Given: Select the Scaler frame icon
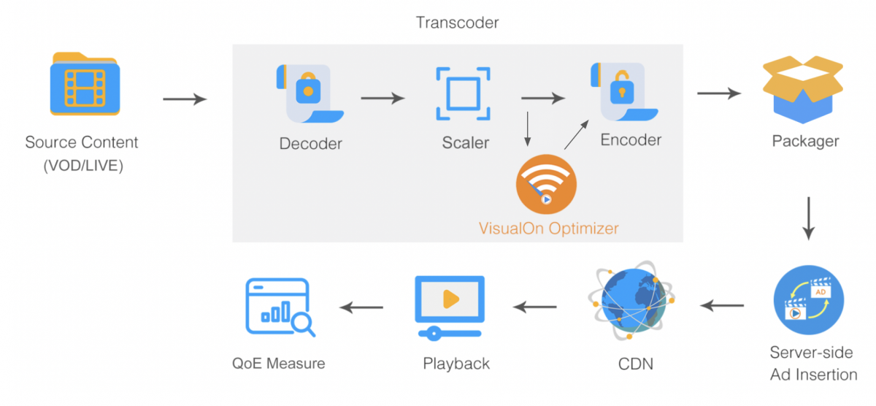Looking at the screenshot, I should pos(463,93).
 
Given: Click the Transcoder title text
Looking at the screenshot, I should pos(458,23).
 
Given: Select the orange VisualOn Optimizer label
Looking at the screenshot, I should pos(548,229).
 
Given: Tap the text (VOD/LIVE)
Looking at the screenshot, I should pos(82,166).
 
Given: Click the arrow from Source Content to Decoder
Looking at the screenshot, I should pos(185,99).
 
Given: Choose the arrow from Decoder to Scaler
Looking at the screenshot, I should pos(383,98).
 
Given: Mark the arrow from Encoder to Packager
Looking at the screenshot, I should pos(720,93).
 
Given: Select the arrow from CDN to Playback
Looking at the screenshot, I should pos(537,307).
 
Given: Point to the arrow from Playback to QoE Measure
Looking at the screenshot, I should pos(362,307).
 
